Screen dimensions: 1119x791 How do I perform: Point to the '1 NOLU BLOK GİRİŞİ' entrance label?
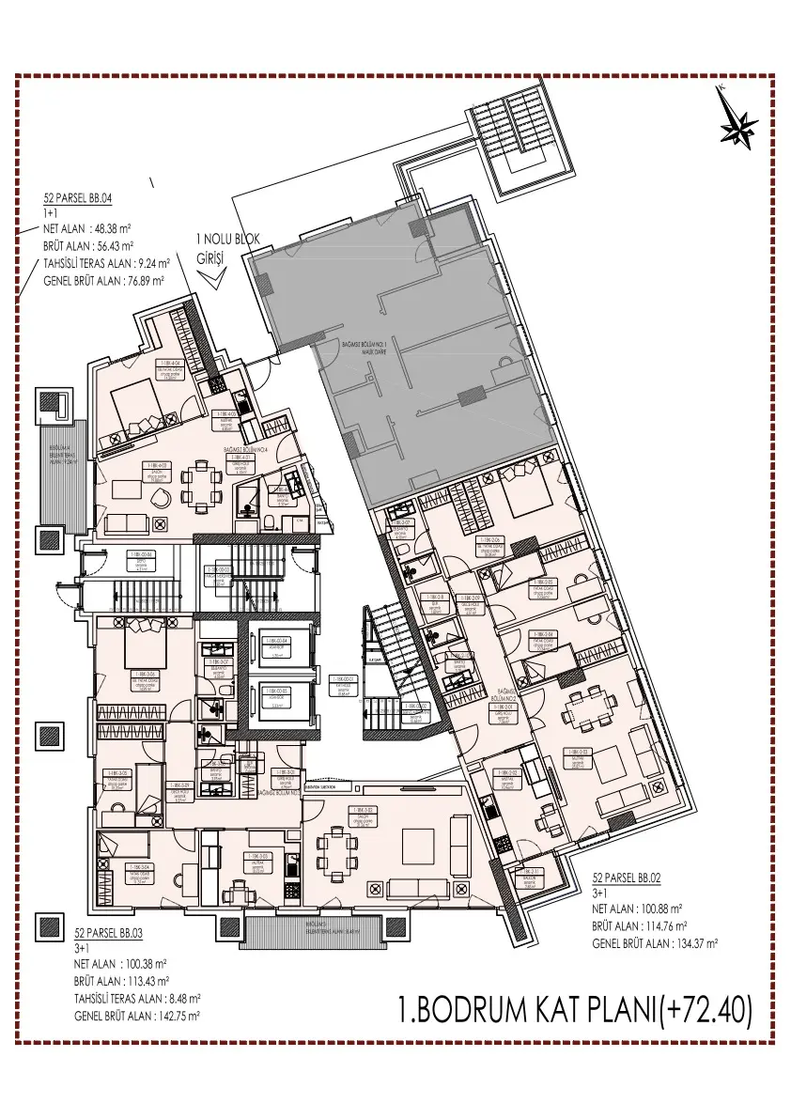point(221,247)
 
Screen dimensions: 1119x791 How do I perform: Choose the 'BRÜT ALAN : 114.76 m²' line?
point(648,926)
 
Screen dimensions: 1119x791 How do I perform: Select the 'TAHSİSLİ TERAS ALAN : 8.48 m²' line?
point(137,998)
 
